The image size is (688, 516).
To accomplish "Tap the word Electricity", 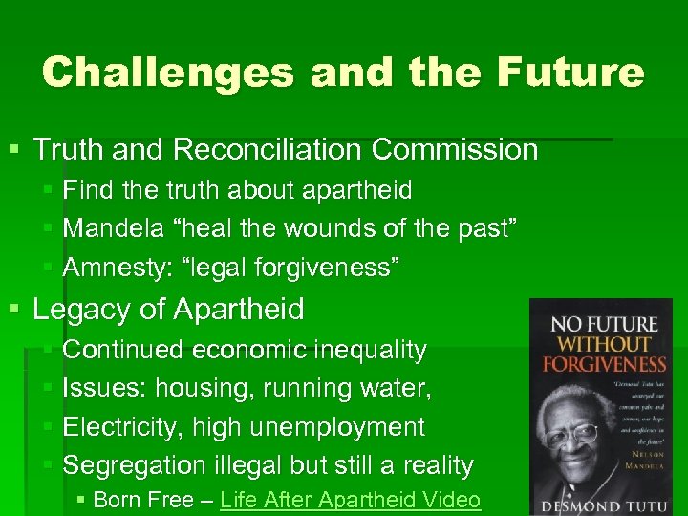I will tap(122, 427).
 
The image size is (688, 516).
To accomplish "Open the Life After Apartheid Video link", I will tap(350, 501).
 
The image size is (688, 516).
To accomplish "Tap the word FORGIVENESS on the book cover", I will tap(604, 363).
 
